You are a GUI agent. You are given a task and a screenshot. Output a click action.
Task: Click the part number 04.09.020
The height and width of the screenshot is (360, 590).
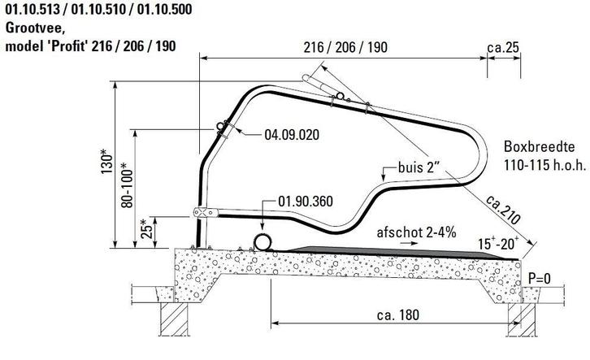(x=292, y=135)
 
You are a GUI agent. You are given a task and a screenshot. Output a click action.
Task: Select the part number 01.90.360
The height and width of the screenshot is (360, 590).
(x=306, y=202)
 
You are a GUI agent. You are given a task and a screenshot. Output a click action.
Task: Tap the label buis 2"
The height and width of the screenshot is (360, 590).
(x=419, y=167)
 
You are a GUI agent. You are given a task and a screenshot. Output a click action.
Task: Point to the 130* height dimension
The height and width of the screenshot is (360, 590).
(x=106, y=162)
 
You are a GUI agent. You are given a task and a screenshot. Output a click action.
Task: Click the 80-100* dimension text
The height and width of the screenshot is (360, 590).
(x=127, y=185)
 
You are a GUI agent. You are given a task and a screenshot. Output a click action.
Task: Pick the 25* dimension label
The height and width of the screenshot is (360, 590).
(x=147, y=229)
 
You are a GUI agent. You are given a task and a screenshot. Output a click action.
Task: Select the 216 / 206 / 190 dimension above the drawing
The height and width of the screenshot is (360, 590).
(x=345, y=47)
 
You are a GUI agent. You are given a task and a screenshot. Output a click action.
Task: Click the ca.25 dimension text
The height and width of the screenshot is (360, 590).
(x=503, y=47)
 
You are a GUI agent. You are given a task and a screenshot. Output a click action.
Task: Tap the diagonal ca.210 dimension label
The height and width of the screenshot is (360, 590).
(x=504, y=209)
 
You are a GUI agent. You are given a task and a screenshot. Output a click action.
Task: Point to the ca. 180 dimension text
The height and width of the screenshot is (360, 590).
(x=398, y=314)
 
